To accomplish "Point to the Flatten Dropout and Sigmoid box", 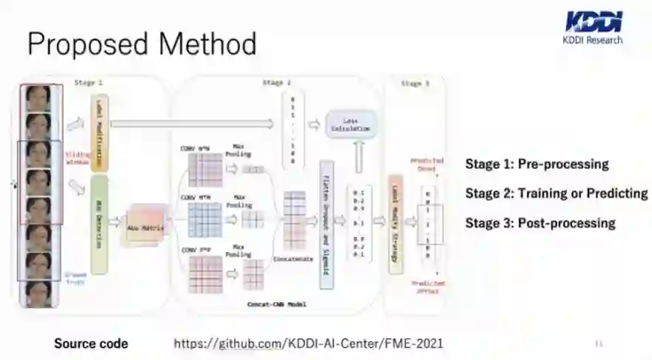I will tap(326, 224).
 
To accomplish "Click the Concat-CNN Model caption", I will tap(276, 304).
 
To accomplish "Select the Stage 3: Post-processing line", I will tap(540, 223).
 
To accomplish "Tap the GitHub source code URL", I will tap(308, 343).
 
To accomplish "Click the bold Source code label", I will tap(90, 343).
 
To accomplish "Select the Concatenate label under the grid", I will tap(294, 259).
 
